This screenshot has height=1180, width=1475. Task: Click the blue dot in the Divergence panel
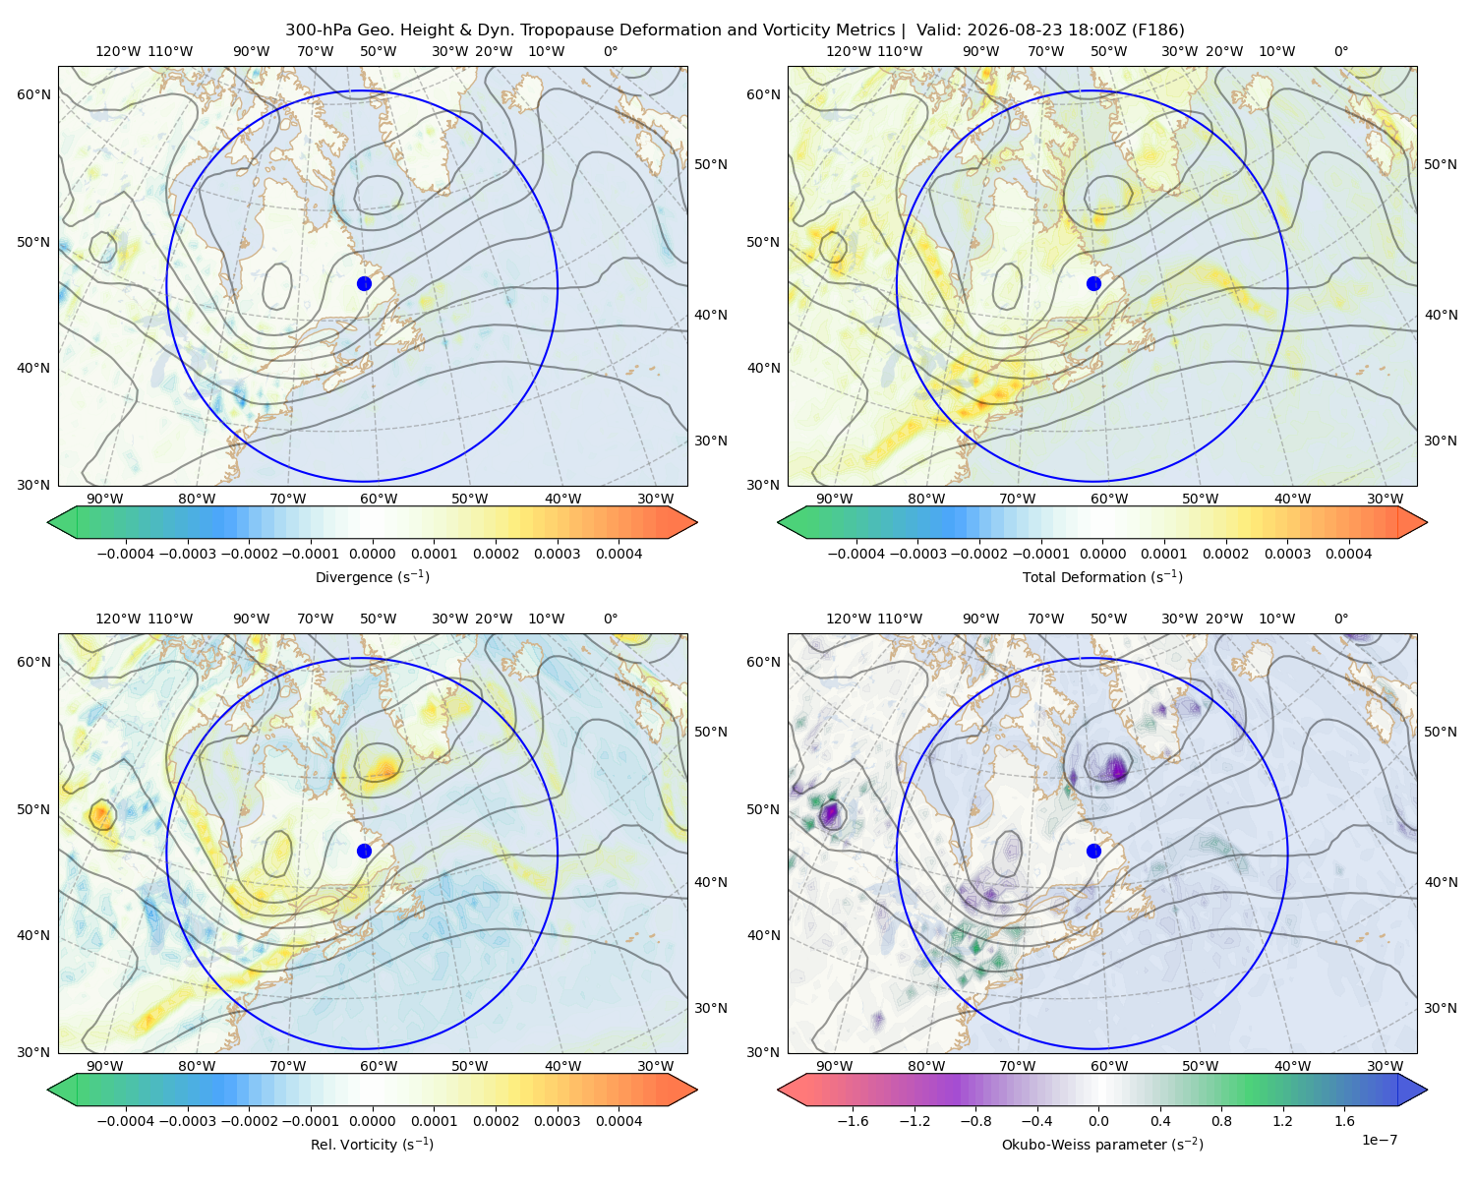(364, 284)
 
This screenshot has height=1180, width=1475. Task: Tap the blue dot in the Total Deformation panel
(1093, 284)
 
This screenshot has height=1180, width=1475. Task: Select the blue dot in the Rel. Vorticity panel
(364, 851)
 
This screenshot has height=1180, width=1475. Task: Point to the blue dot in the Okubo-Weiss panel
(1093, 851)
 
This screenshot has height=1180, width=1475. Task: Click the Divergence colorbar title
(372, 577)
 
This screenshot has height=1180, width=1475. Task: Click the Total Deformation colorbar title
(1102, 577)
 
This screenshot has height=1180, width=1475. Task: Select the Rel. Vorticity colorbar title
(372, 1145)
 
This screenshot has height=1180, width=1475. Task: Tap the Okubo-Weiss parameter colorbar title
(1102, 1145)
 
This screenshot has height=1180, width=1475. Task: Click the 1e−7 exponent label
(1379, 1140)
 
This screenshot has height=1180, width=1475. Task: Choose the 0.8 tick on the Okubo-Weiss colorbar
(1221, 1121)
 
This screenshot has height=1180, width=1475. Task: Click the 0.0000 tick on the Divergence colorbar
(372, 554)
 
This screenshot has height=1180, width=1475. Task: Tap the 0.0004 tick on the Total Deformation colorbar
(1348, 554)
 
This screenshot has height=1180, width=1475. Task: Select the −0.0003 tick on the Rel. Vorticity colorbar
(187, 1121)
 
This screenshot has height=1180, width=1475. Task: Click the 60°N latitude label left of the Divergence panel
(33, 94)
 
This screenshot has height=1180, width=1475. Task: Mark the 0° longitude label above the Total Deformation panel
(1340, 51)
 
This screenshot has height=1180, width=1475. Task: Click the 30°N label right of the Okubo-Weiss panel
(1440, 1008)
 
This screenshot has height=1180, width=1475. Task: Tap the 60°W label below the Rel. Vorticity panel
(379, 1066)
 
